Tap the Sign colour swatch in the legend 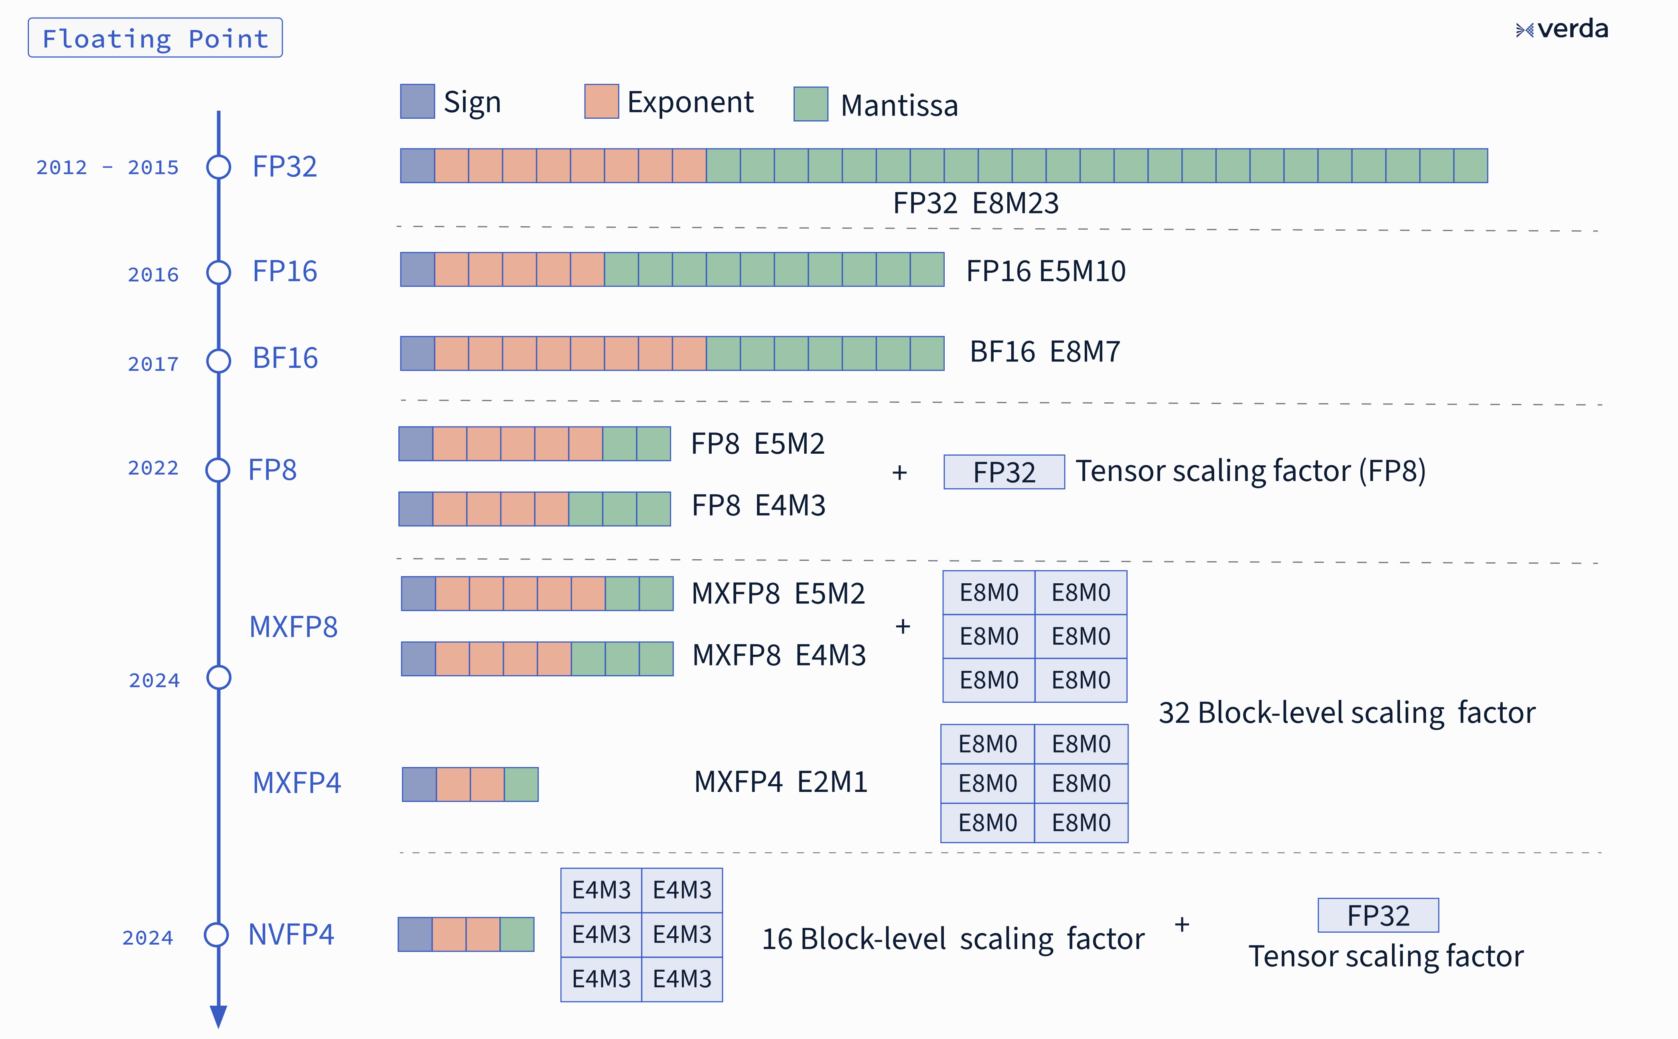(417, 102)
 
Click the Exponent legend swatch (601, 102)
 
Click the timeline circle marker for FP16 (219, 272)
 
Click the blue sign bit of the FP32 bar (417, 166)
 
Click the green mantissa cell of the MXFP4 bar (521, 784)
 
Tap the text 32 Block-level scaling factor (1346, 712)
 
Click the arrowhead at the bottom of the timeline (219, 1016)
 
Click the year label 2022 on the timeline (153, 468)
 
